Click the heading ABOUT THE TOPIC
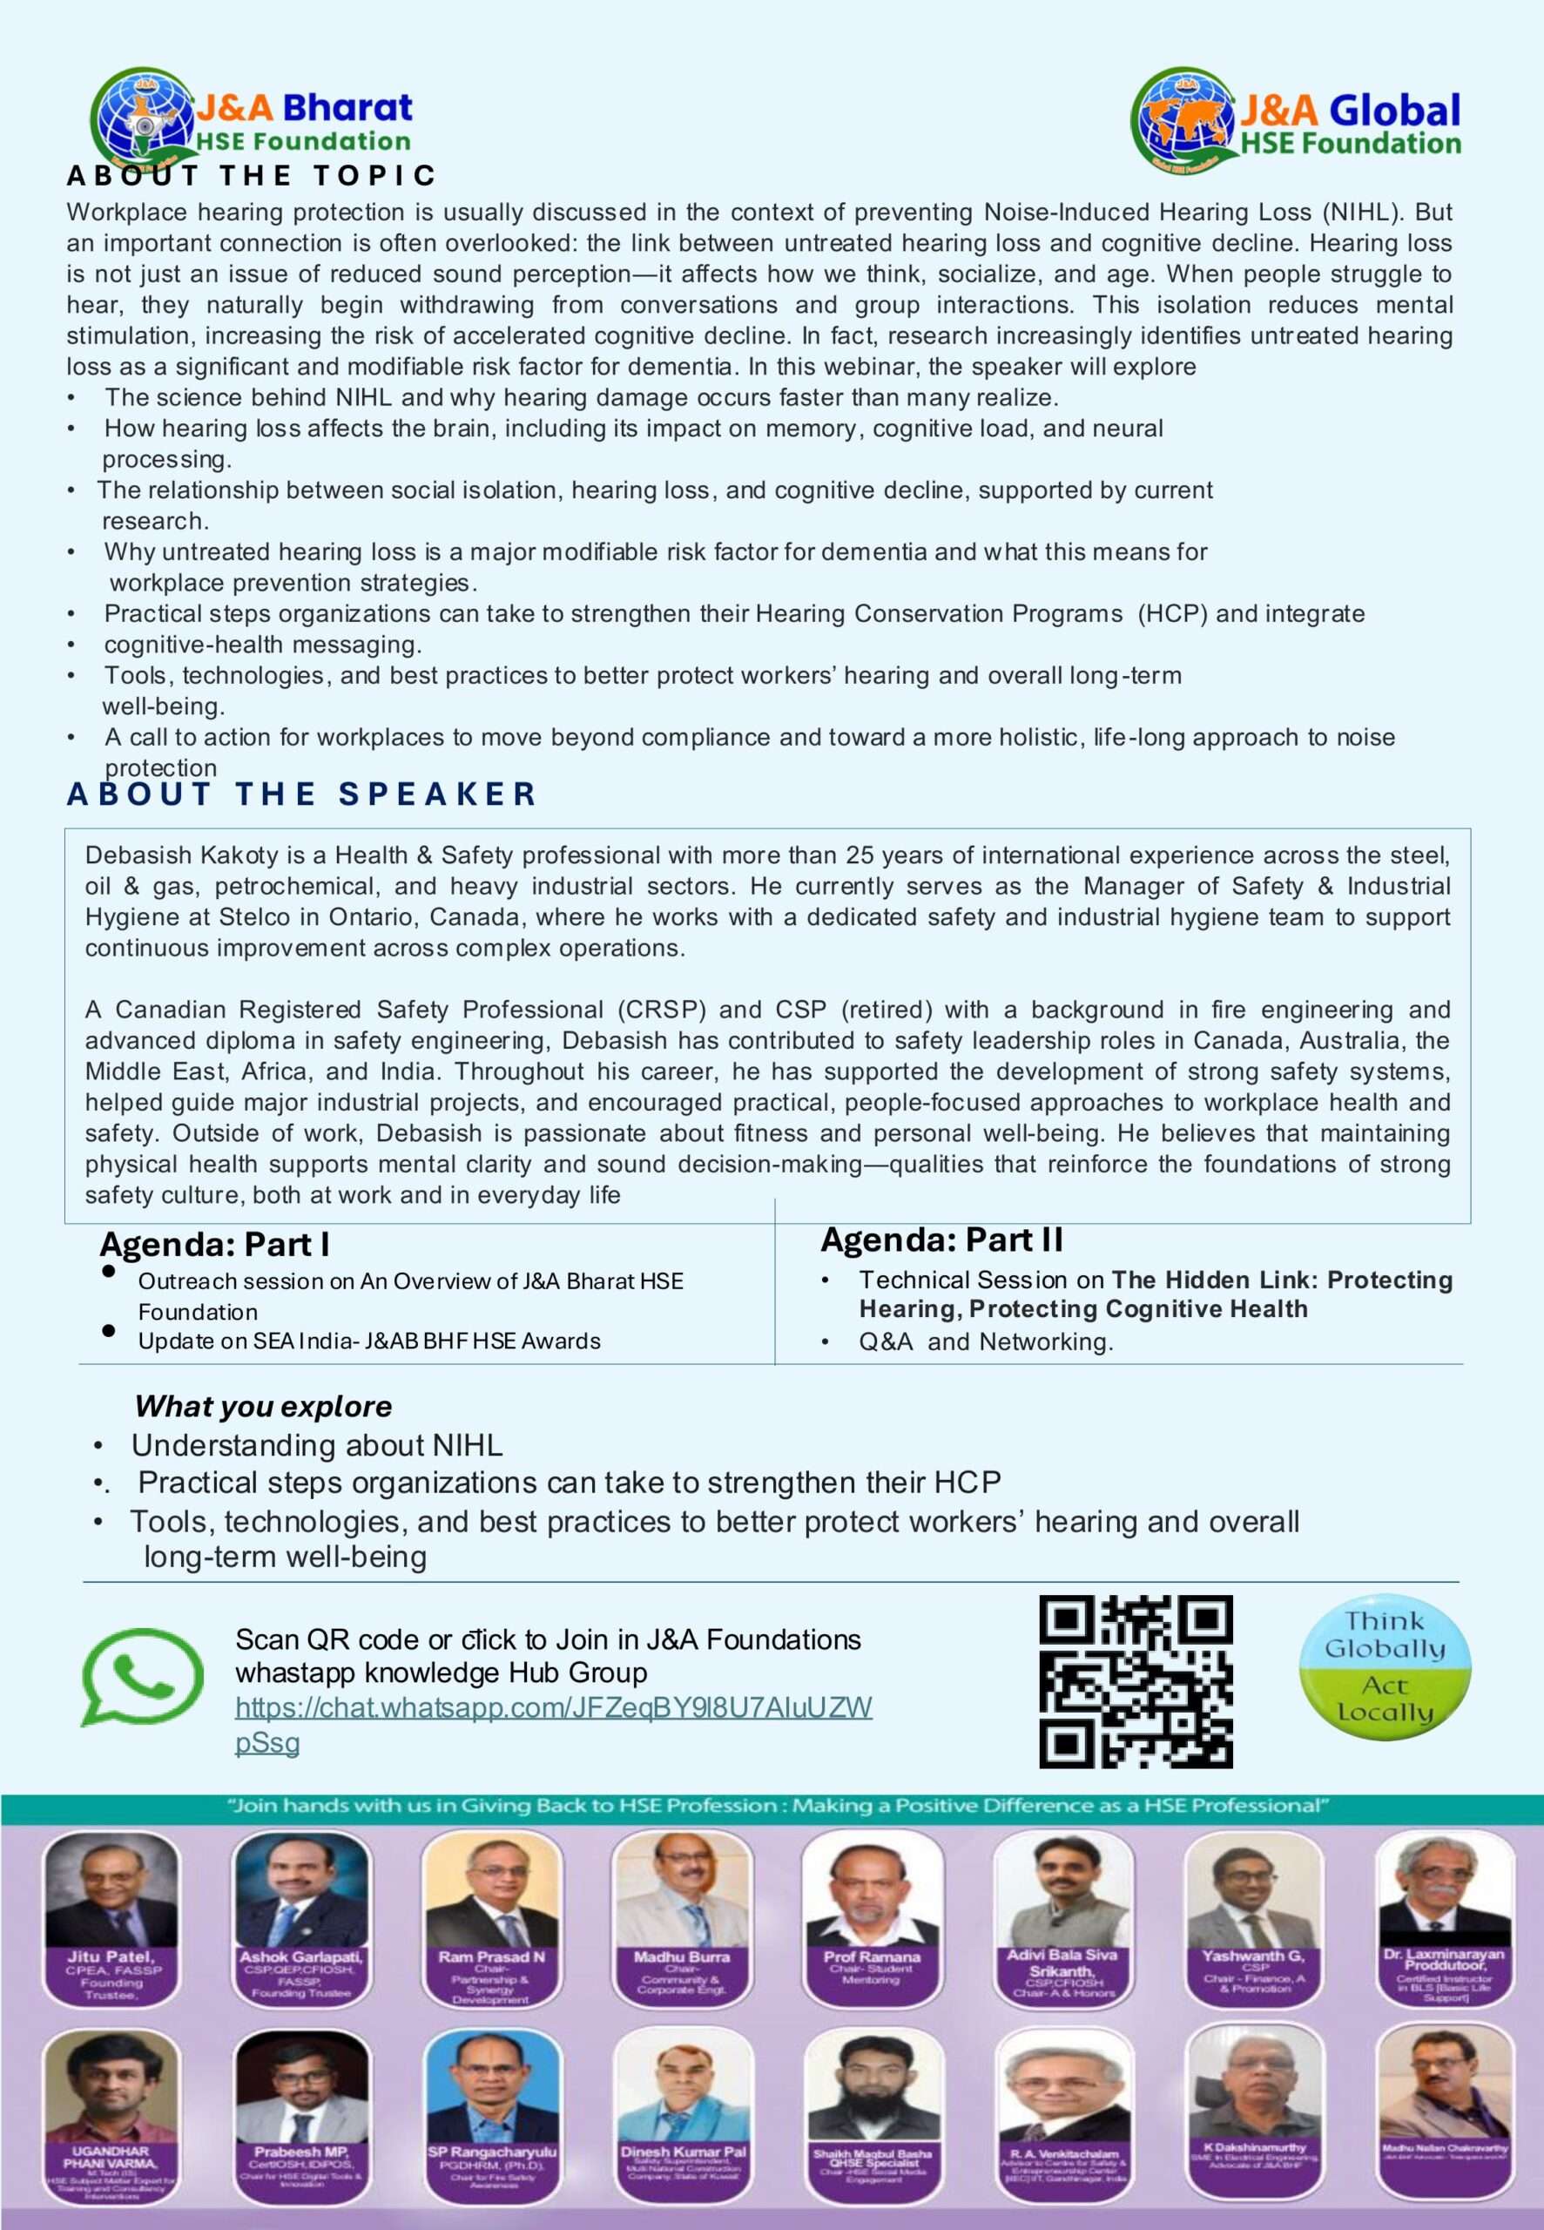(252, 176)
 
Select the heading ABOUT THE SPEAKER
(302, 794)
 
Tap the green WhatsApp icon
(141, 1677)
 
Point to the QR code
(1136, 1681)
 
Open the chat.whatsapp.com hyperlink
(553, 1707)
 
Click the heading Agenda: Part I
(215, 1245)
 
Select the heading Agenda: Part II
(941, 1240)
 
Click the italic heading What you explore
(263, 1407)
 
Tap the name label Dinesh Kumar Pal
(683, 2152)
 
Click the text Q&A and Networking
(986, 1341)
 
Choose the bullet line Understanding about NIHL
(316, 1445)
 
